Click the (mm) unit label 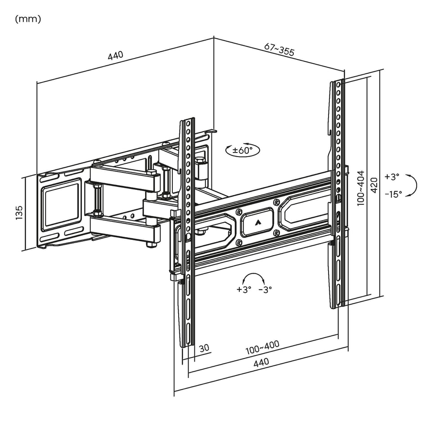(28, 19)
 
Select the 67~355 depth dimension (279, 49)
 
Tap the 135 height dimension (19, 213)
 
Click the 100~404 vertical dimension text (360, 188)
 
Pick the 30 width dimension (204, 348)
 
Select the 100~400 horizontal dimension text (262, 347)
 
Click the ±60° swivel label (243, 150)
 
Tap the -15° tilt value (393, 194)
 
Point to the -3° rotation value (265, 290)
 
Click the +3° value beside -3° (243, 290)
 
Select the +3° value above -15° (392, 177)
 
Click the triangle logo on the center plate (257, 221)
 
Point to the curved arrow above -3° (253, 277)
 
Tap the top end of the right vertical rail (337, 82)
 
